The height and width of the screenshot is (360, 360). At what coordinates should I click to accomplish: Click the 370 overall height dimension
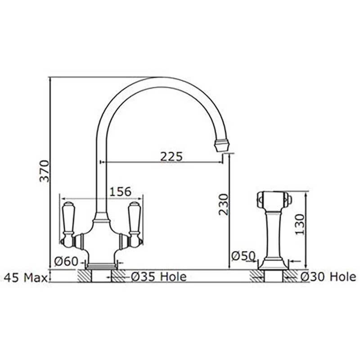click(44, 171)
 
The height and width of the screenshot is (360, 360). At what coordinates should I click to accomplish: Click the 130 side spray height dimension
click(301, 224)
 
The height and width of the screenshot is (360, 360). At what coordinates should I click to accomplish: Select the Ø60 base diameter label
click(66, 261)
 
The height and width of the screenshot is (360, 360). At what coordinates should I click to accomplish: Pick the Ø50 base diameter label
click(243, 256)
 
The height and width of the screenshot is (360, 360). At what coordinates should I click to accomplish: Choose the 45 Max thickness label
click(25, 277)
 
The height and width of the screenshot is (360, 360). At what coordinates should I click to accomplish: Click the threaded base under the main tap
click(101, 266)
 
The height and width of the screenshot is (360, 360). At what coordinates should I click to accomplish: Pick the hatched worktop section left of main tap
click(84, 275)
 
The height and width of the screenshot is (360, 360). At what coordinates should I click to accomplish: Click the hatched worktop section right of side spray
click(291, 276)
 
